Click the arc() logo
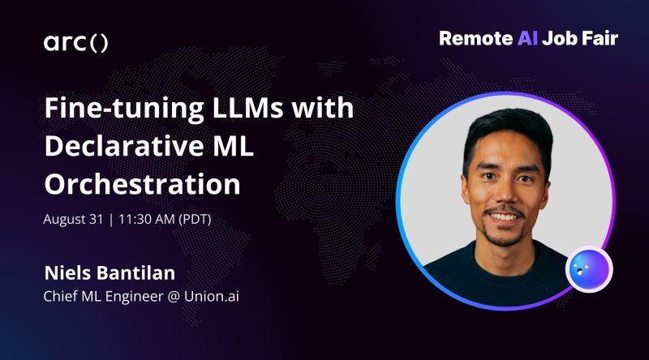coord(75,43)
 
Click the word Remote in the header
coord(474,38)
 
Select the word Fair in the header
coord(600,38)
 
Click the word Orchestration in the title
coord(142,183)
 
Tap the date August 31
coord(74,219)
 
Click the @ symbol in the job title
coord(156,295)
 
